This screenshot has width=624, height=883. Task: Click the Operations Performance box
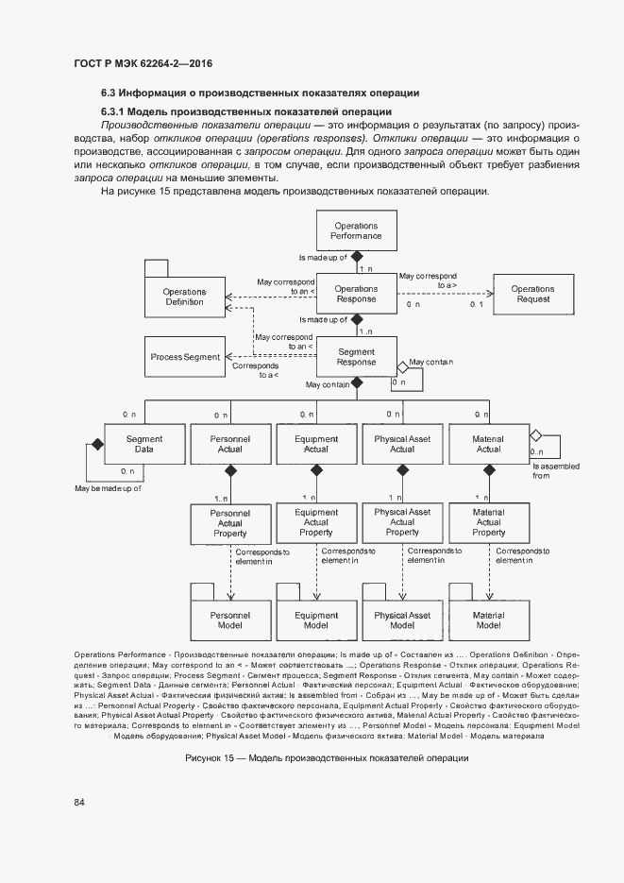click(x=356, y=231)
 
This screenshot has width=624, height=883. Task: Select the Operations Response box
click(x=356, y=295)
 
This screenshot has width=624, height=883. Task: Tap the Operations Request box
click(x=532, y=295)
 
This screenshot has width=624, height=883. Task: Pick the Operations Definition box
click(x=184, y=297)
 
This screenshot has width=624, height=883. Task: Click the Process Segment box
click(x=185, y=358)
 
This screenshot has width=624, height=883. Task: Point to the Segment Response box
click(x=356, y=357)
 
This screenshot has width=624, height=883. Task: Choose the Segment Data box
click(x=144, y=444)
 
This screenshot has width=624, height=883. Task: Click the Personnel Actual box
click(x=229, y=444)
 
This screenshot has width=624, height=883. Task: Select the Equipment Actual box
click(x=316, y=444)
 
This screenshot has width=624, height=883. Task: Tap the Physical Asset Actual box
click(x=402, y=444)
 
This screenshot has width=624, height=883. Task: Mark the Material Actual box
click(x=488, y=444)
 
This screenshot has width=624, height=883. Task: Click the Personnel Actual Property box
click(x=229, y=522)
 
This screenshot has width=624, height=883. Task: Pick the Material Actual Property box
click(x=488, y=522)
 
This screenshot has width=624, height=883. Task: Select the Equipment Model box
click(x=316, y=620)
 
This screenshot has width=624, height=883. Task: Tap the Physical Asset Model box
click(x=402, y=620)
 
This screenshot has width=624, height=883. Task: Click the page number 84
click(x=79, y=803)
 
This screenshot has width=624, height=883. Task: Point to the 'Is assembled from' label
click(x=556, y=470)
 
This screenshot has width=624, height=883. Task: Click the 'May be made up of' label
click(x=109, y=488)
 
